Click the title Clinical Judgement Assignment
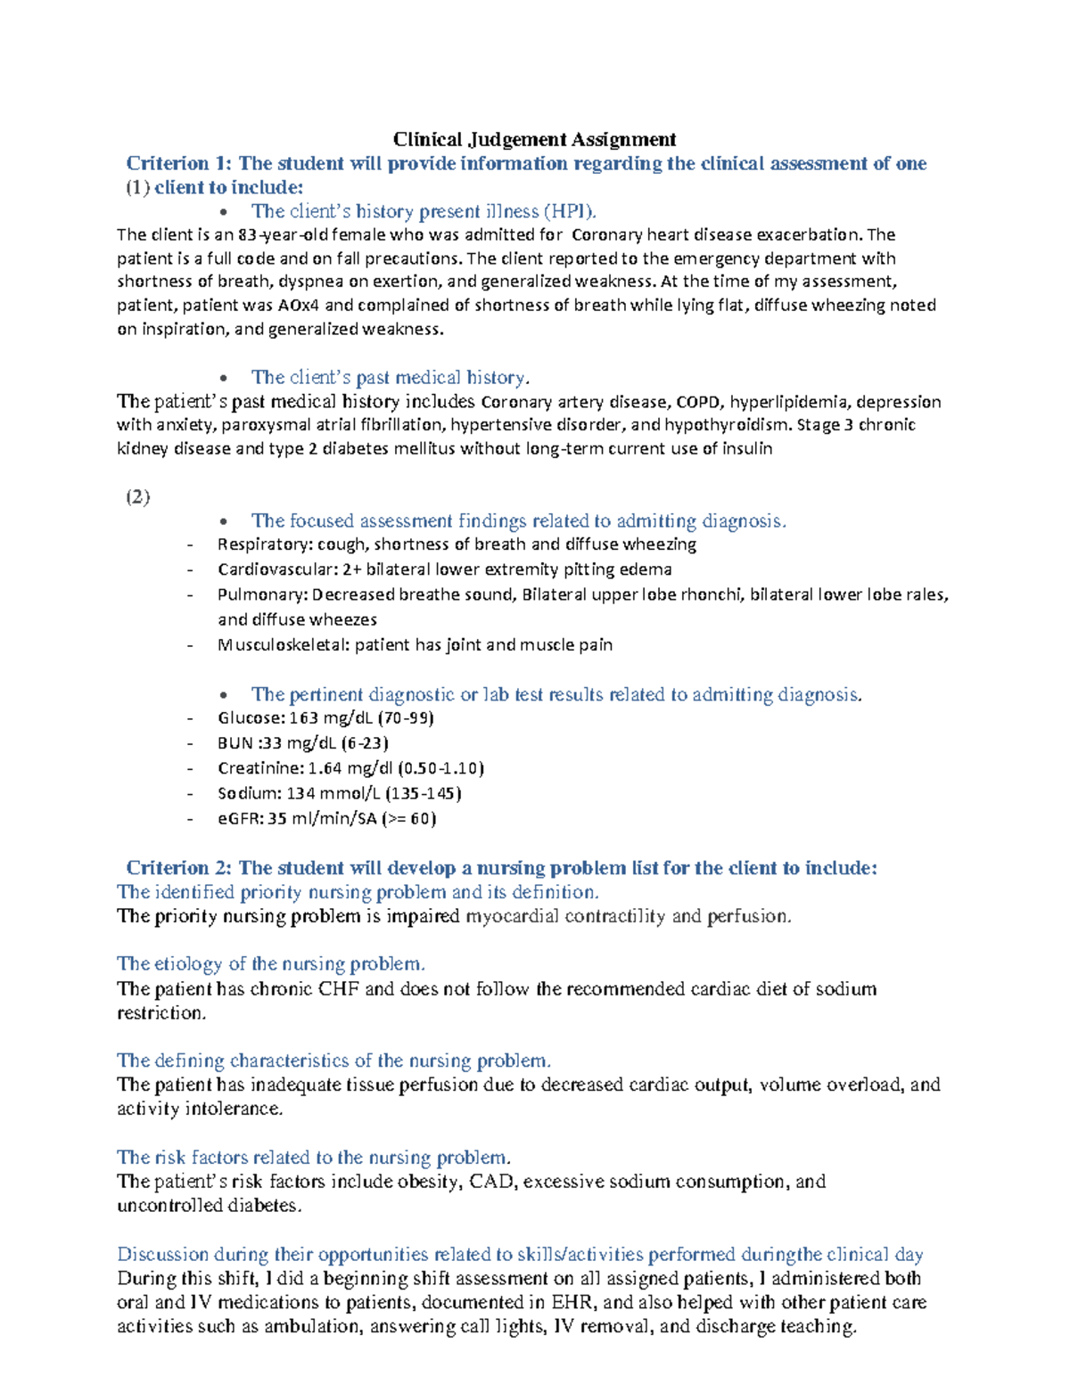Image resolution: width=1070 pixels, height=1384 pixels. [534, 139]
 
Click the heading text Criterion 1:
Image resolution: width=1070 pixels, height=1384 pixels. [179, 163]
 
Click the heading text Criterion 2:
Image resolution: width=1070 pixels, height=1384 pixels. [179, 868]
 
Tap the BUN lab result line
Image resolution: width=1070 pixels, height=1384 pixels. [303, 743]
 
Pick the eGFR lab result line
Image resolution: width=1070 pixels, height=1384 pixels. [326, 818]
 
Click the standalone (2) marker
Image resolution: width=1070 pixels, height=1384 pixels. [137, 496]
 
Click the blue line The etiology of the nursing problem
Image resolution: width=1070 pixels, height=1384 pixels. [270, 963]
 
